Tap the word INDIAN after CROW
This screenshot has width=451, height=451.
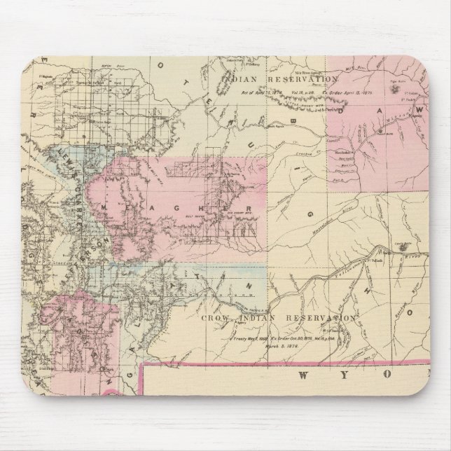257,317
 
